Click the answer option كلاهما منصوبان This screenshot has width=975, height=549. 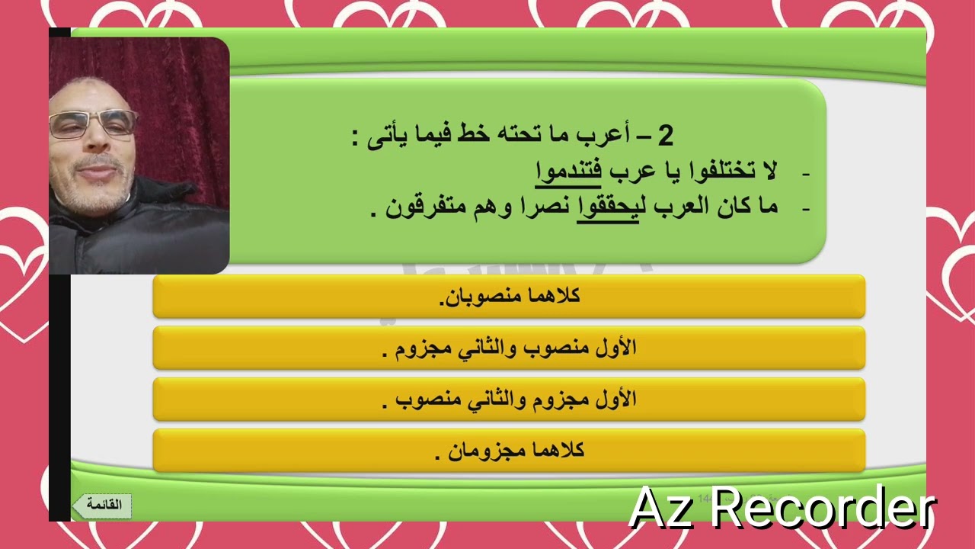509,297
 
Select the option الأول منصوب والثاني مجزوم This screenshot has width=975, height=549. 509,348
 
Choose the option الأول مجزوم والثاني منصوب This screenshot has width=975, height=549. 509,400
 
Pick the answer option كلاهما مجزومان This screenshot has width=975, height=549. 509,451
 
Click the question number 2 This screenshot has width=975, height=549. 665,136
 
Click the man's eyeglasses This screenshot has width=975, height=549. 92,124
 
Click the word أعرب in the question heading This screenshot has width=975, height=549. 613,136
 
